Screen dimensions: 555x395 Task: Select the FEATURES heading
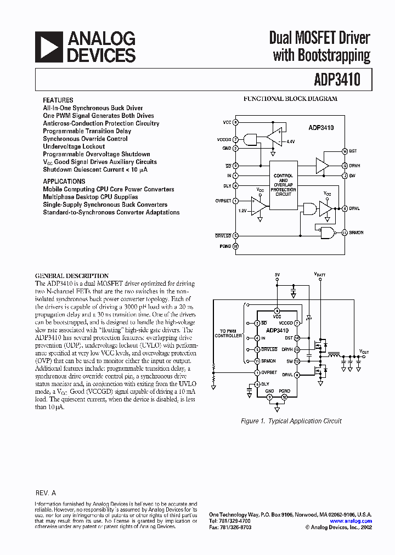click(x=58, y=100)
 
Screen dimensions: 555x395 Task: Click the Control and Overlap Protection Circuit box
click(x=283, y=185)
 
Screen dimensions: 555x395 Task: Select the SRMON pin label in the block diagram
click(x=357, y=233)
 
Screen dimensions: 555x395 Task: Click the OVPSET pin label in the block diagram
click(x=223, y=201)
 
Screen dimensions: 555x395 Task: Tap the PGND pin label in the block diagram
click(x=225, y=247)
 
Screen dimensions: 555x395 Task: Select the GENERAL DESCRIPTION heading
click(x=72, y=276)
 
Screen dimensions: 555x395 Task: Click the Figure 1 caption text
click(x=291, y=421)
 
